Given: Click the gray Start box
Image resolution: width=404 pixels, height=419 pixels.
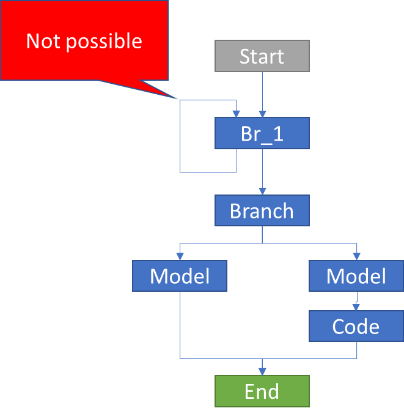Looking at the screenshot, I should pos(262,56).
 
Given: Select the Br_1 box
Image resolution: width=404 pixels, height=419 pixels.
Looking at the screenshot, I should pos(262,133).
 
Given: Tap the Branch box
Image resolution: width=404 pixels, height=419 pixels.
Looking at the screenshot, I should pos(262,211).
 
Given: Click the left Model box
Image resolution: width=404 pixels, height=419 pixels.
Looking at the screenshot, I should pos(180,276).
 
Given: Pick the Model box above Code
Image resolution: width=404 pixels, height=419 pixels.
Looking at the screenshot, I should pos(356,276).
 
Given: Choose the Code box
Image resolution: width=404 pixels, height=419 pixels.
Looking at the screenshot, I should pos(356,326).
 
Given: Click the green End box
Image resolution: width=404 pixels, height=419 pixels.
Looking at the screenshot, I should pos(262,391).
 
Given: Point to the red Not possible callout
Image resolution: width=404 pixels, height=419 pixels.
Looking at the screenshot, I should pos(84,40).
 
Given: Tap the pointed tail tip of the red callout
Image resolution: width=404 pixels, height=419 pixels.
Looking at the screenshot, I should pos(178,98).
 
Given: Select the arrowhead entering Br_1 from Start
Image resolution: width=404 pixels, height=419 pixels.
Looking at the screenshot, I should pos(262,114).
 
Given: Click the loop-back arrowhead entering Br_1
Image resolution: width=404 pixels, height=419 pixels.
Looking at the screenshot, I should pos(237,114).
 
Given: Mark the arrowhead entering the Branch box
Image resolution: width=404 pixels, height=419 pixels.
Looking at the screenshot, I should pos(262,191).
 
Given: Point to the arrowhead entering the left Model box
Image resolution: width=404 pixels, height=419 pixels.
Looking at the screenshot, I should pos(180,256).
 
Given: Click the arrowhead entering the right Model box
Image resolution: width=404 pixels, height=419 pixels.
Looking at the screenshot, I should pos(356,256).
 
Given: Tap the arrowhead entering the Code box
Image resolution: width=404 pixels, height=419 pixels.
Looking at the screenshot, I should pos(356,307).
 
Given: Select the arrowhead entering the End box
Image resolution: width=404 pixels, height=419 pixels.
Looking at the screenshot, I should pos(262,371).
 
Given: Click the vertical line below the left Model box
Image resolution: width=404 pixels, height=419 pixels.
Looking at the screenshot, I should pos(180,324).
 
